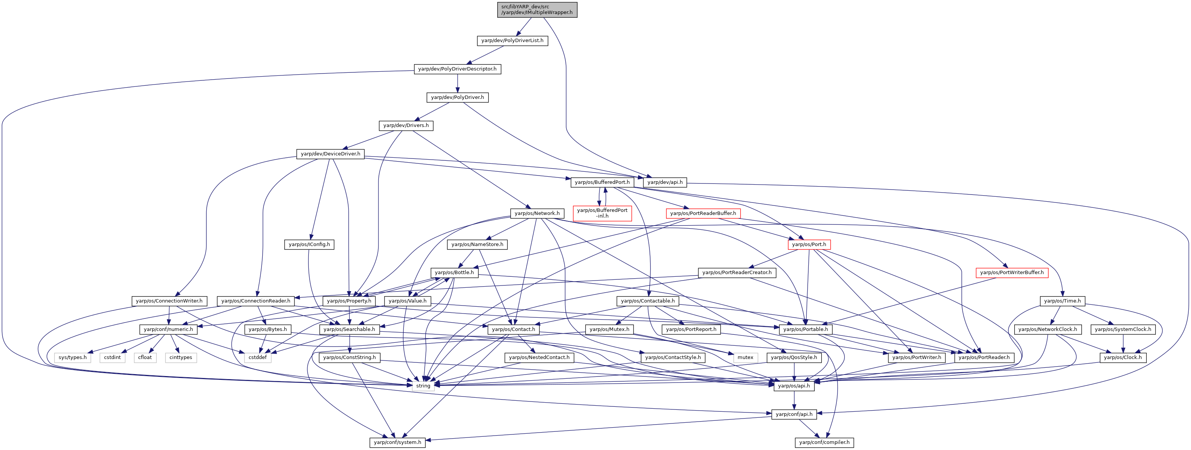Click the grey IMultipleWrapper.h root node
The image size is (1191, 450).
(537, 9)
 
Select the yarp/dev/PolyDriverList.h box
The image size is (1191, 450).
(512, 41)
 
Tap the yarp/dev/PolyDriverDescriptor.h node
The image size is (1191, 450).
(457, 69)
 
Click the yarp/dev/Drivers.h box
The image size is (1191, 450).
(406, 125)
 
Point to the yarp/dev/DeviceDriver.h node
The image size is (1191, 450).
(330, 154)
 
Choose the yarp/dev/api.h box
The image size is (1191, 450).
(665, 182)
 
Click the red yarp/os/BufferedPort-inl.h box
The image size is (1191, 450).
(602, 213)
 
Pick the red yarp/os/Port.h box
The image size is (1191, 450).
(809, 245)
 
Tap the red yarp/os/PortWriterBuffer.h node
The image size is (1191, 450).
(1012, 273)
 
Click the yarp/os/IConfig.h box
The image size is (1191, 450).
(309, 245)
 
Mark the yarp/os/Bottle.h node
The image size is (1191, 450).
(454, 273)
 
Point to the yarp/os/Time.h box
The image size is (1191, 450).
(1062, 301)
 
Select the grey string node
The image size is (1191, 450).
(423, 386)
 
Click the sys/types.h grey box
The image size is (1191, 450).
(73, 357)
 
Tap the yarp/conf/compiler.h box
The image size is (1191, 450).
(824, 442)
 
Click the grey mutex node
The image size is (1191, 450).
(745, 357)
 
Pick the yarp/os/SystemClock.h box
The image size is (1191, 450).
(1123, 329)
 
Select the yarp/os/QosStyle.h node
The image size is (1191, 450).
(794, 357)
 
